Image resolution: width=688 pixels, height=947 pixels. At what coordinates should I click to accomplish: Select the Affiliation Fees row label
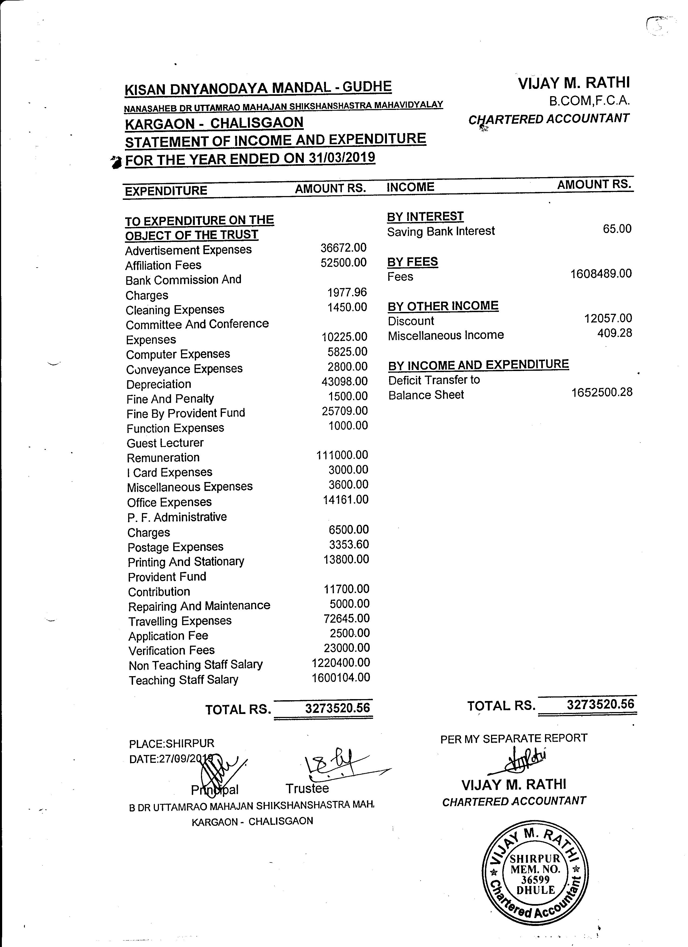pyautogui.click(x=163, y=265)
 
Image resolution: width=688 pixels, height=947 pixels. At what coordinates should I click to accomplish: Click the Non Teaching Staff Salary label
pyautogui.click(x=196, y=665)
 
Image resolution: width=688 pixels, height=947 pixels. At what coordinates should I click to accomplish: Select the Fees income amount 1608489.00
pyautogui.click(x=601, y=274)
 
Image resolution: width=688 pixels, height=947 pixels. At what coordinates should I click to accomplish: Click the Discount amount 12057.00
pyautogui.click(x=608, y=319)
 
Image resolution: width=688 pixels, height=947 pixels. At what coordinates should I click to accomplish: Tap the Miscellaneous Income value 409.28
pyautogui.click(x=615, y=333)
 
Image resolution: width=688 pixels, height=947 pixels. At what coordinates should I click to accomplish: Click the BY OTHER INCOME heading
pyautogui.click(x=443, y=306)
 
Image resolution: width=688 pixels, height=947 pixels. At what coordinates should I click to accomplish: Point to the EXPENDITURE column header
pyautogui.click(x=166, y=191)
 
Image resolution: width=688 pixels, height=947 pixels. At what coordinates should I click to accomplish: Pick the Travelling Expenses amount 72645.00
pyautogui.click(x=346, y=618)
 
